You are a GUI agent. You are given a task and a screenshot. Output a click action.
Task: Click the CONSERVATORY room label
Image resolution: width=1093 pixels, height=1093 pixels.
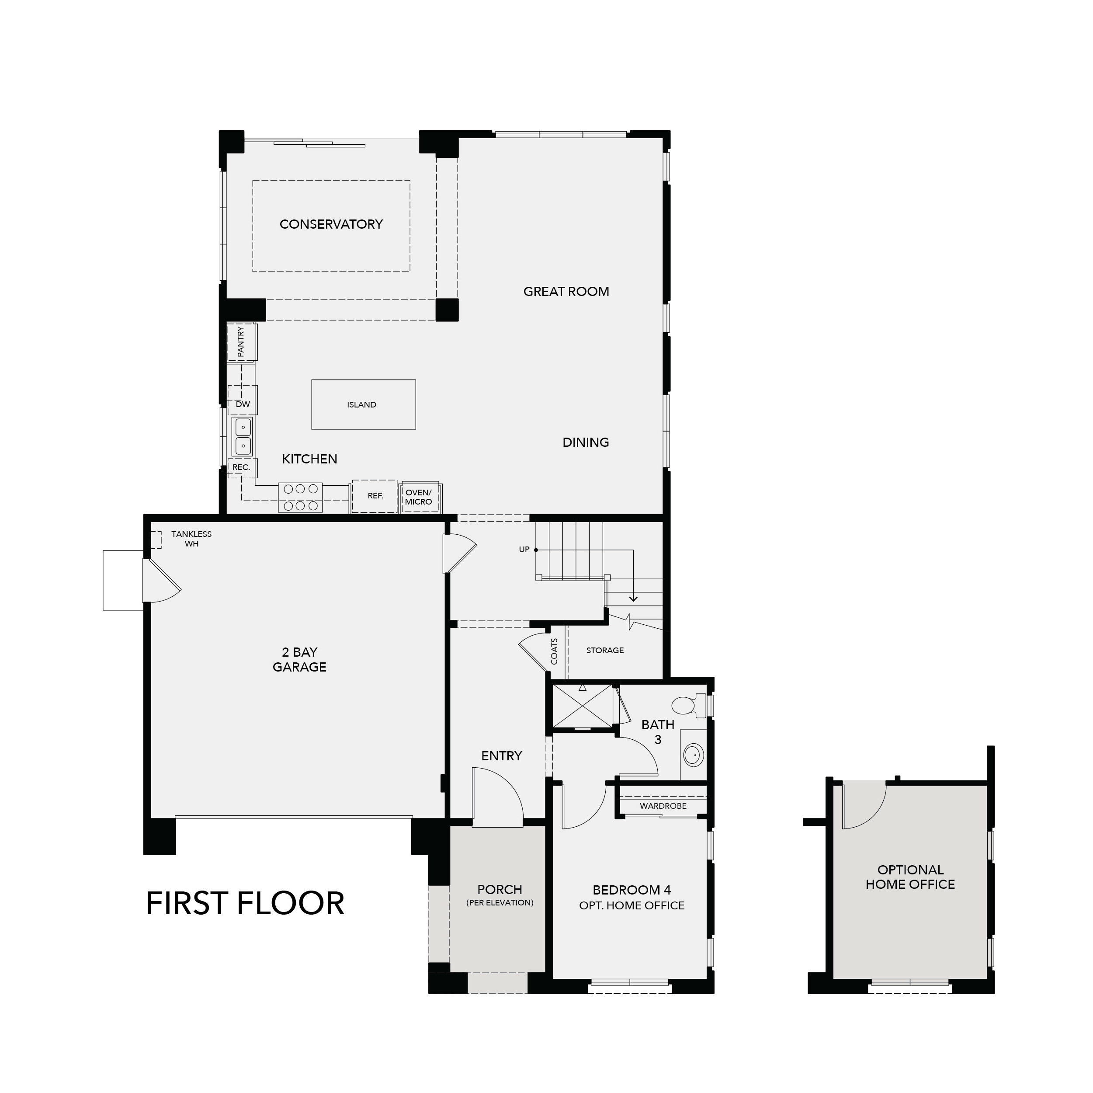[331, 224]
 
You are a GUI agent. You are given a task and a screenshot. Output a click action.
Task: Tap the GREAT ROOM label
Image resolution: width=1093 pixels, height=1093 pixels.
[566, 292]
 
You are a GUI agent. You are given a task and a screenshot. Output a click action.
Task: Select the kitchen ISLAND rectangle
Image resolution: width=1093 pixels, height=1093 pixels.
[363, 404]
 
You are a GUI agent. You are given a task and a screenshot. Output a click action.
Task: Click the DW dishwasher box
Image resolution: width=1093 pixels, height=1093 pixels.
[243, 404]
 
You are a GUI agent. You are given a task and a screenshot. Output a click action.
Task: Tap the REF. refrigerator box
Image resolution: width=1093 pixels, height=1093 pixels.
[375, 496]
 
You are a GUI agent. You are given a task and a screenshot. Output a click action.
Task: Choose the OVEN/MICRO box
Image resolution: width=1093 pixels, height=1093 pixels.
[419, 498]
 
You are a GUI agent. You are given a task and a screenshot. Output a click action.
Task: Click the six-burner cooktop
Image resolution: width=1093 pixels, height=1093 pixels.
[300, 497]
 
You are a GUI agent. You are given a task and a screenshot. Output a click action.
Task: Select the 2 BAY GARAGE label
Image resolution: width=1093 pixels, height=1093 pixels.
[299, 659]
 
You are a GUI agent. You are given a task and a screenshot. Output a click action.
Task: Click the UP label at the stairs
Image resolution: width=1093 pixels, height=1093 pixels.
[524, 550]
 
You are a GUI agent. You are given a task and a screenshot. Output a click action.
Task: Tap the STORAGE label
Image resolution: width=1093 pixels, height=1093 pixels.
[605, 651]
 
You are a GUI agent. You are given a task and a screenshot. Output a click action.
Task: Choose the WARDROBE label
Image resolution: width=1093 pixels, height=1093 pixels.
[663, 806]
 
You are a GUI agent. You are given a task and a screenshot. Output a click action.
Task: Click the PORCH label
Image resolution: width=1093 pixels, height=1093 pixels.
[500, 890]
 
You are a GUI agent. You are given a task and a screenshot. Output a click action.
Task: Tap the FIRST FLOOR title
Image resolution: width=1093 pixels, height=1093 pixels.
[245, 903]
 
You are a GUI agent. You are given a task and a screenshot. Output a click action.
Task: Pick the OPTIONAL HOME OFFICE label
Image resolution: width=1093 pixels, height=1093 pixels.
[910, 877]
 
